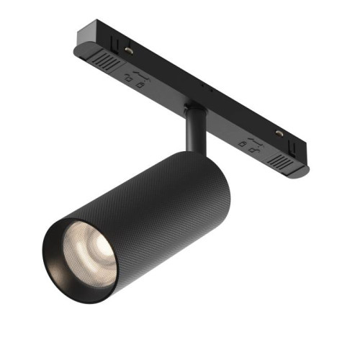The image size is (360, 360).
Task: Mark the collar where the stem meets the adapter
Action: pyautogui.click(x=192, y=109)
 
